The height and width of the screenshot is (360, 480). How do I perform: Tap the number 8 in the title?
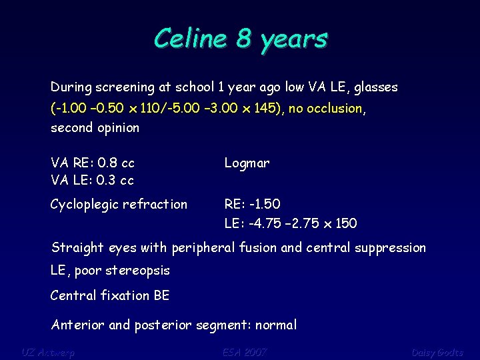click(244, 39)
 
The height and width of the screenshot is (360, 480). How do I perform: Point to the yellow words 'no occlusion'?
click(325, 108)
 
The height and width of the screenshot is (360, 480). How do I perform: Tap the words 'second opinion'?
click(95, 128)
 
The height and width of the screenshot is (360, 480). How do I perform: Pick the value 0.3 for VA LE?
click(107, 181)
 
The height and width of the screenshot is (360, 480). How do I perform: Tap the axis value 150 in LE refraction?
click(346, 223)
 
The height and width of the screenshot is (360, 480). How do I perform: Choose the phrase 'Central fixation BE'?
click(110, 295)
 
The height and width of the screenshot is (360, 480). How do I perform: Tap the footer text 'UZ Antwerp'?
click(47, 352)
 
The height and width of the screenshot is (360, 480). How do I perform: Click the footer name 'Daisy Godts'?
click(437, 352)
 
